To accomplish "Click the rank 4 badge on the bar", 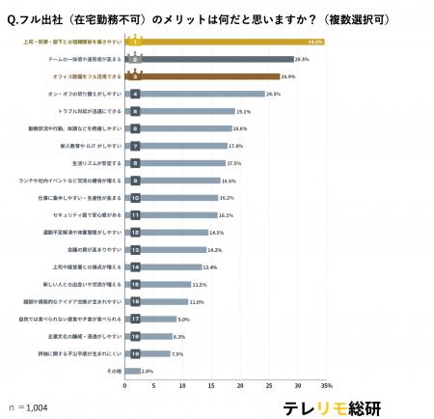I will click(135, 94).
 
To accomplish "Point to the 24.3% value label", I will click(273, 94).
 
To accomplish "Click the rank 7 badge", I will click(135, 146).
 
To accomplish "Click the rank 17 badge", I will click(135, 318).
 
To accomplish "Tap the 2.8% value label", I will click(148, 370).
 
